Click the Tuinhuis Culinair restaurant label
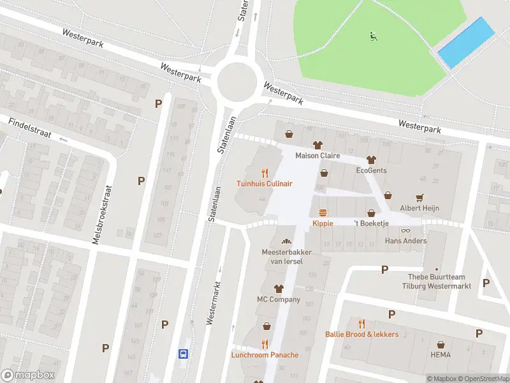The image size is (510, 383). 265,183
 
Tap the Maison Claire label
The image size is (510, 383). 317,156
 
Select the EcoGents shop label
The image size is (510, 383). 371,170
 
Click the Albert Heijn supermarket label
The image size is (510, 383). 419,208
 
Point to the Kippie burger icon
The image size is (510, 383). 323,213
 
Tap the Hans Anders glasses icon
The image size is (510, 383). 405,230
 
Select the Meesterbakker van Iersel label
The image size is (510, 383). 286,256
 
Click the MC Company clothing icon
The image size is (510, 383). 278,289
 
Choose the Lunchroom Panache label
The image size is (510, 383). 265,355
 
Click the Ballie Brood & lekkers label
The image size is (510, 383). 361,334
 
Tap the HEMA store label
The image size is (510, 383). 440,354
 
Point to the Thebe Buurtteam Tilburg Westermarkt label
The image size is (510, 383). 439,282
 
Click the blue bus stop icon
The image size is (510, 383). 183,353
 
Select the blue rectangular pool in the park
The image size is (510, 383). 467,43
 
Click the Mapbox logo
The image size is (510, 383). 28,375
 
